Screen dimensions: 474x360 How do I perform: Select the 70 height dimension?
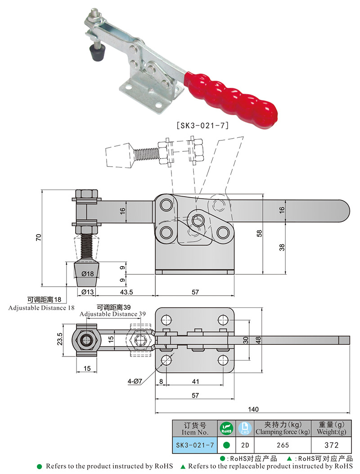pos(39,237)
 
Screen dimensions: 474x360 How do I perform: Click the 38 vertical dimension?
pos(282,247)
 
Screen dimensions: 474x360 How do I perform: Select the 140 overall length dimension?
pos(253,409)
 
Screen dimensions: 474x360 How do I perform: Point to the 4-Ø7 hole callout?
pos(135,381)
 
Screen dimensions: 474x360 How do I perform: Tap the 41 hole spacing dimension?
pos(195,381)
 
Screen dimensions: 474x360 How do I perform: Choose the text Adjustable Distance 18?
pos(41,308)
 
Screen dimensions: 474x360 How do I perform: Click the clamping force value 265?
pos(283,445)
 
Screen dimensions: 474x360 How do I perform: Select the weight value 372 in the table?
pos(331,445)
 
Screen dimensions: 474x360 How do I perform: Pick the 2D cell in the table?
pos(243,445)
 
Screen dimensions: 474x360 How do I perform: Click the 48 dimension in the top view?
pos(258,340)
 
